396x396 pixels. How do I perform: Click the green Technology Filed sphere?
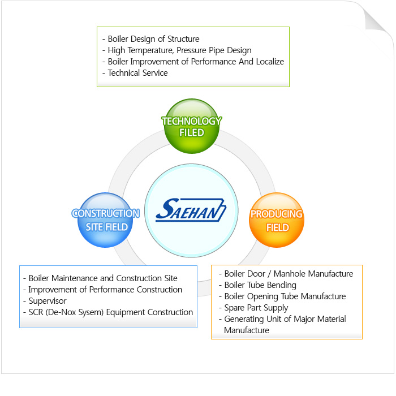tap(191, 127)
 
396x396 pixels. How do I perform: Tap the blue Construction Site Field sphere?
tap(105, 220)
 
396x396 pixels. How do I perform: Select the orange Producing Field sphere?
tap(277, 221)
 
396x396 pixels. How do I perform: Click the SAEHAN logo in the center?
tap(191, 211)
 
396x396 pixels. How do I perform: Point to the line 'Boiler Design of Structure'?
tap(153, 40)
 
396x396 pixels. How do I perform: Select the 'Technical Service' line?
tap(137, 72)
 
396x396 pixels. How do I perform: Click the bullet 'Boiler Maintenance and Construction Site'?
tap(103, 278)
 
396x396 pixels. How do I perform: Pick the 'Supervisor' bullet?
tap(48, 301)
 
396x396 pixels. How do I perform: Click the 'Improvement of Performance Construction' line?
tap(105, 290)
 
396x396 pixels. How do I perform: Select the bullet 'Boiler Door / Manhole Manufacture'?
tap(289, 274)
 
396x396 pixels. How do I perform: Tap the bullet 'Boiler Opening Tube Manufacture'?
tap(285, 296)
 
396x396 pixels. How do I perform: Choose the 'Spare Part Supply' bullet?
tap(256, 308)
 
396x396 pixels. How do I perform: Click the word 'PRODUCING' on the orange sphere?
tap(277, 214)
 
